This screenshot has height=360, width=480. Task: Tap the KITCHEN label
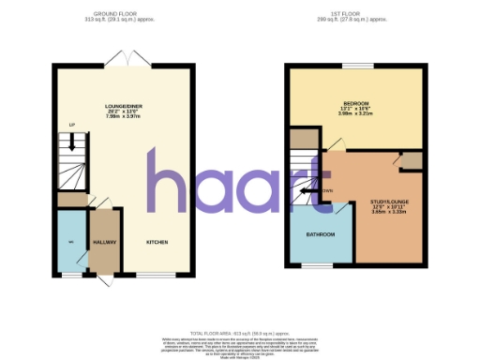157,243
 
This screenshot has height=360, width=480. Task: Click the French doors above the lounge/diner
125,59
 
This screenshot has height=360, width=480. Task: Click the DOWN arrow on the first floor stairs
309,190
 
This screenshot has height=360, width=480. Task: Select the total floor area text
240,334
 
